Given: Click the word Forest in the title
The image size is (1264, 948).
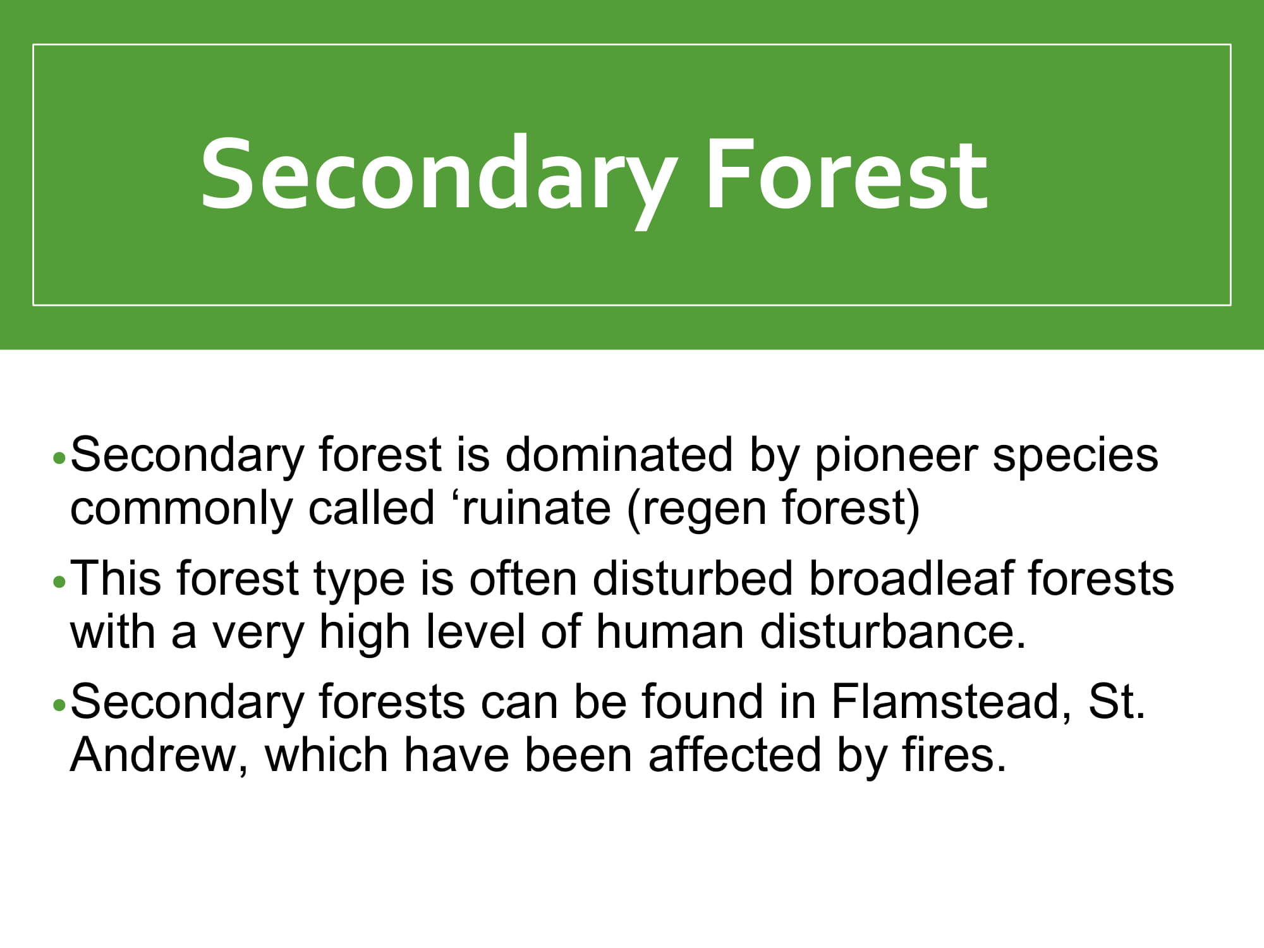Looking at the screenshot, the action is click(846, 173).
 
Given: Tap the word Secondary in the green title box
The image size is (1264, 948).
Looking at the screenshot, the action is click(438, 179).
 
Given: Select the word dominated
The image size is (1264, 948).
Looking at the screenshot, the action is click(619, 454).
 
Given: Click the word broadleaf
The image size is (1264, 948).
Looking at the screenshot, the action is click(911, 578).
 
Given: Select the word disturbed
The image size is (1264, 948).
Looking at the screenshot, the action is click(693, 578).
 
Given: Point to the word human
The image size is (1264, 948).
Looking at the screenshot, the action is click(669, 632).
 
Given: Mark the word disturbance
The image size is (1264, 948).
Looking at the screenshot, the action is click(893, 632).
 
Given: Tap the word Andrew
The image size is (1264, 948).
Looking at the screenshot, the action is click(159, 755).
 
